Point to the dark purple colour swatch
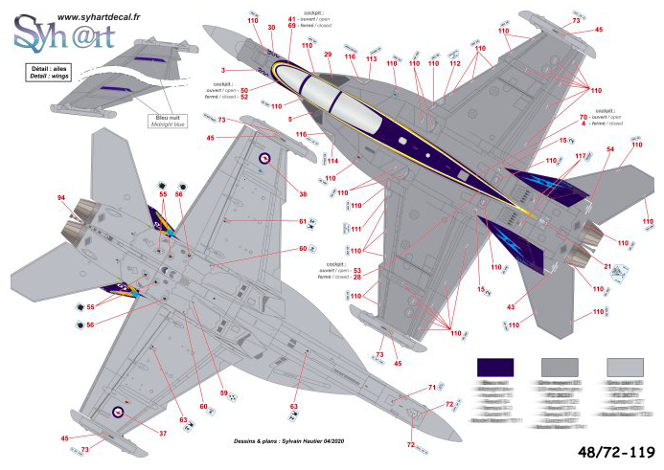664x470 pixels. [495, 368]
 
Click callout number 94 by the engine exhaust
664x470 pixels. [60, 198]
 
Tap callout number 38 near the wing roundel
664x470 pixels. [303, 194]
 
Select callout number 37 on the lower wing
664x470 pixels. [162, 433]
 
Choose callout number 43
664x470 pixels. [510, 306]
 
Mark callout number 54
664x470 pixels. [609, 150]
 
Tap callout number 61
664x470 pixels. [302, 221]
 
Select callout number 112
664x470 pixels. [455, 63]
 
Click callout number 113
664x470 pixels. [371, 59]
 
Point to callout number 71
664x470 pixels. [431, 388]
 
